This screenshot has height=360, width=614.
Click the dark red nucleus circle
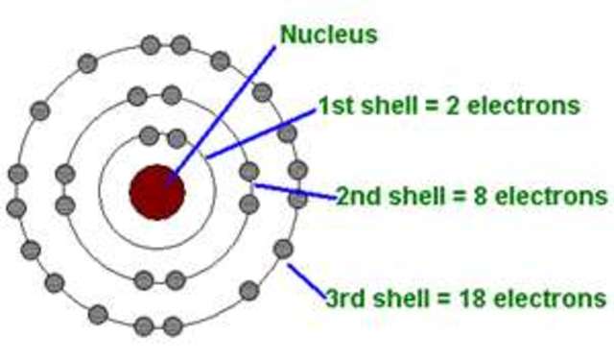coord(156,192)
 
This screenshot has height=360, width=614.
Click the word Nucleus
coord(328,36)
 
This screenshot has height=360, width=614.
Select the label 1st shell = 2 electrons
coord(449,105)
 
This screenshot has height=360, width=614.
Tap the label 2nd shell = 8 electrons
coord(471,197)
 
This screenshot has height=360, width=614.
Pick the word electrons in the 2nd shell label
coord(551,197)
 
